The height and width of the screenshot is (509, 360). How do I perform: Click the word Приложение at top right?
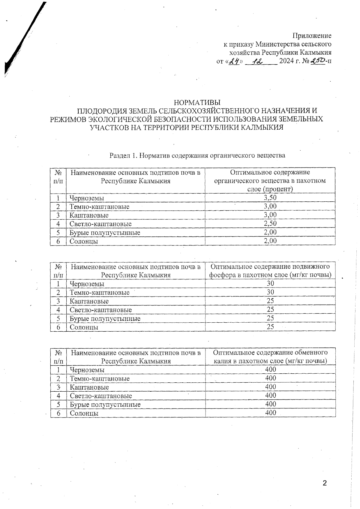[x=312, y=36]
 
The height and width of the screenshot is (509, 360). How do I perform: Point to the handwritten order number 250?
[x=318, y=61]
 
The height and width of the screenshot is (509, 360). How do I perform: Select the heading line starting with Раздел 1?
[x=197, y=155]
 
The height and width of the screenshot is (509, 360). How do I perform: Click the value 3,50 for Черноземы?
[x=270, y=197]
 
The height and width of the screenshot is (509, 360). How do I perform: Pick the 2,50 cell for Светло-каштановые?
[x=270, y=224]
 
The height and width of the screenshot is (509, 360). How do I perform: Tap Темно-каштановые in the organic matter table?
[x=99, y=206]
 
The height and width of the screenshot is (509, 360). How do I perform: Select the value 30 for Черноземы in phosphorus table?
[x=270, y=284]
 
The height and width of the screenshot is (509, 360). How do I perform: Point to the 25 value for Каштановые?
[x=270, y=301]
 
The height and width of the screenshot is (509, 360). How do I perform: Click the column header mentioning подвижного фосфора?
[x=270, y=271]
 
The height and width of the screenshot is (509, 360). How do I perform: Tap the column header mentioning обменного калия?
[x=270, y=357]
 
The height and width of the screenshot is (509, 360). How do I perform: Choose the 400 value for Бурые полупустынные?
[x=270, y=404]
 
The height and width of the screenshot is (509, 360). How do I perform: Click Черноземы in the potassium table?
[x=87, y=370]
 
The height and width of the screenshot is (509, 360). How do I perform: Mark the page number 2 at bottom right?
[x=324, y=483]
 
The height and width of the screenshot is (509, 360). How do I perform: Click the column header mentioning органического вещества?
[x=270, y=181]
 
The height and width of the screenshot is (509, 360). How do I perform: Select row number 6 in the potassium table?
[x=58, y=413]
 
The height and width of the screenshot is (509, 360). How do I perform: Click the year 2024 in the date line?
[x=287, y=61]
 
